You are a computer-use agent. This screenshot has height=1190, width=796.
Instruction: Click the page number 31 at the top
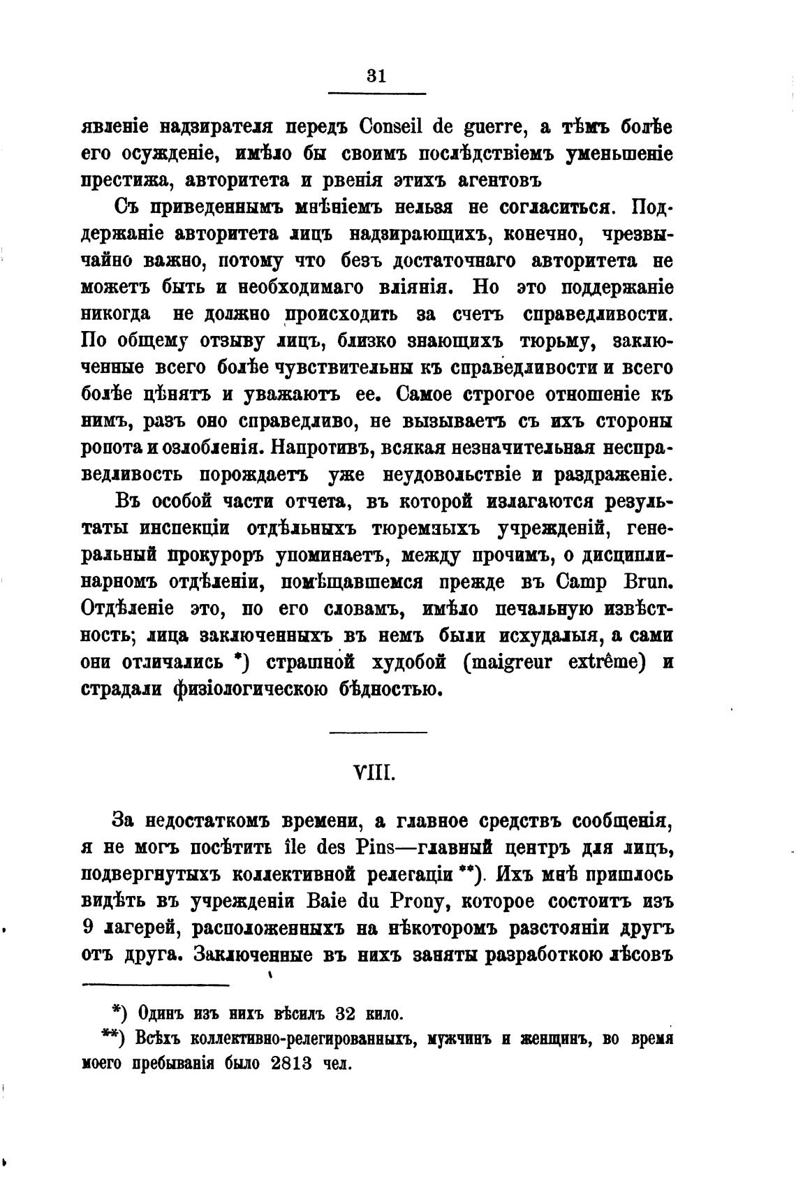376,76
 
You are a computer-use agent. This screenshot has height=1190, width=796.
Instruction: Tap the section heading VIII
376,774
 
